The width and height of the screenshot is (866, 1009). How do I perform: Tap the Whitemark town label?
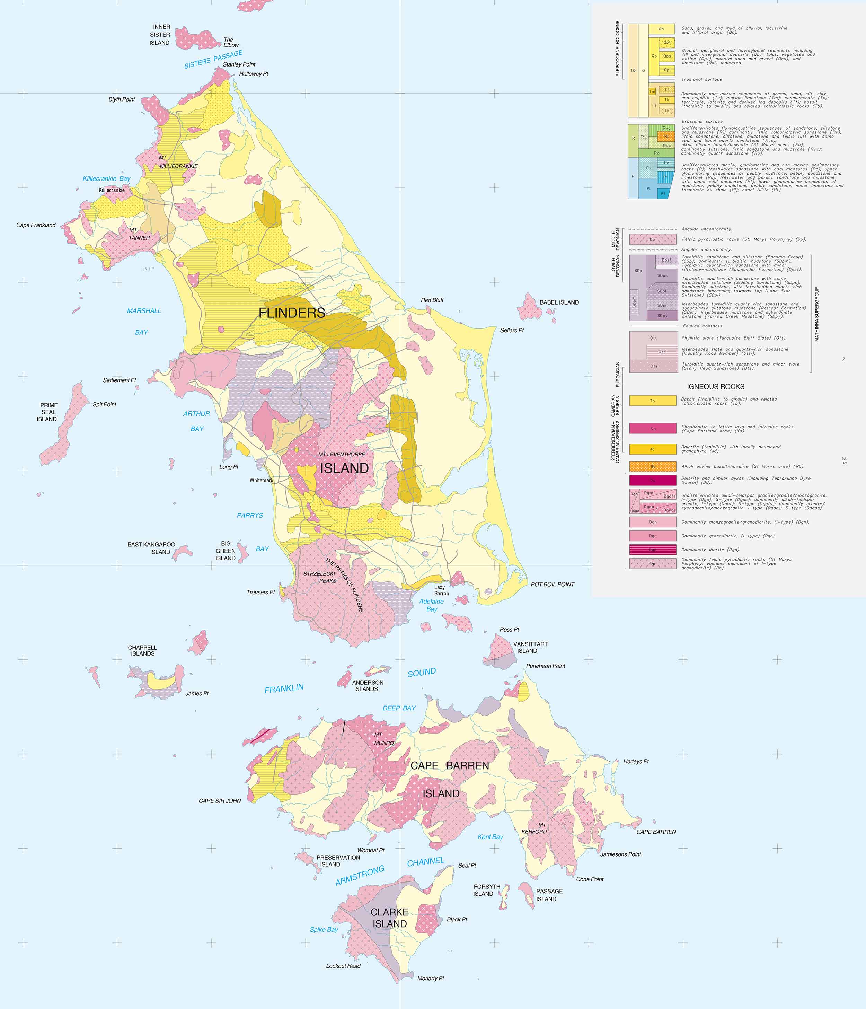coord(262,480)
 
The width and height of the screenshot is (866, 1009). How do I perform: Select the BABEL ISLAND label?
coord(559,302)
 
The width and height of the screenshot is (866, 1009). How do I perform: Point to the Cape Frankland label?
coord(36,225)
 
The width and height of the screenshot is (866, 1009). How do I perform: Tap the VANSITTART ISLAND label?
coord(530,647)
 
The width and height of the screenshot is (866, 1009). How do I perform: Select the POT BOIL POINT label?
coord(552,584)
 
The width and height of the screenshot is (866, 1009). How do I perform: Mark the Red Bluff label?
coord(432,300)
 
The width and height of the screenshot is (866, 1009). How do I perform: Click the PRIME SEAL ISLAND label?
coord(48,412)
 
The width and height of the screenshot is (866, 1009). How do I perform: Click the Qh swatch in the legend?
coord(661,29)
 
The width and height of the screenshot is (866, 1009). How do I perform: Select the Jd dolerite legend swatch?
coord(652,448)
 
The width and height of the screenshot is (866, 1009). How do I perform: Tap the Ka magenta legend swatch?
coord(652,428)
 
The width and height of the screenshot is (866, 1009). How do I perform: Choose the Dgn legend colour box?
coord(652,522)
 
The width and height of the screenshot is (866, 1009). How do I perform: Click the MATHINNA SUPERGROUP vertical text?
coord(816,314)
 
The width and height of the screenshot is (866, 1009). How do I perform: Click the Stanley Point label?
coord(239,64)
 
